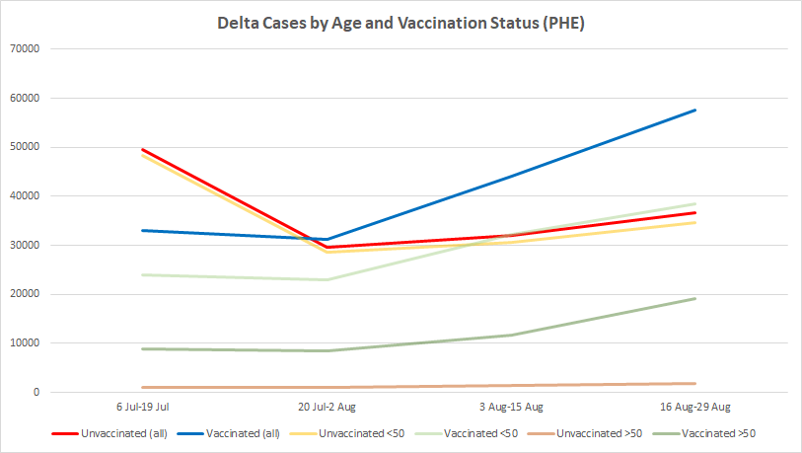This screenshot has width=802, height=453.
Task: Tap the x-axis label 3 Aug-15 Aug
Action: pos(511,407)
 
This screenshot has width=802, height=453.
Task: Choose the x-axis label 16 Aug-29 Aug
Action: pos(695,407)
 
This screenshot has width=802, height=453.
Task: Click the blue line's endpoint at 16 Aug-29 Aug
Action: pos(695,110)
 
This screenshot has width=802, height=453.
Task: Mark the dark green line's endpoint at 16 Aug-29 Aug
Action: pos(695,298)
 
